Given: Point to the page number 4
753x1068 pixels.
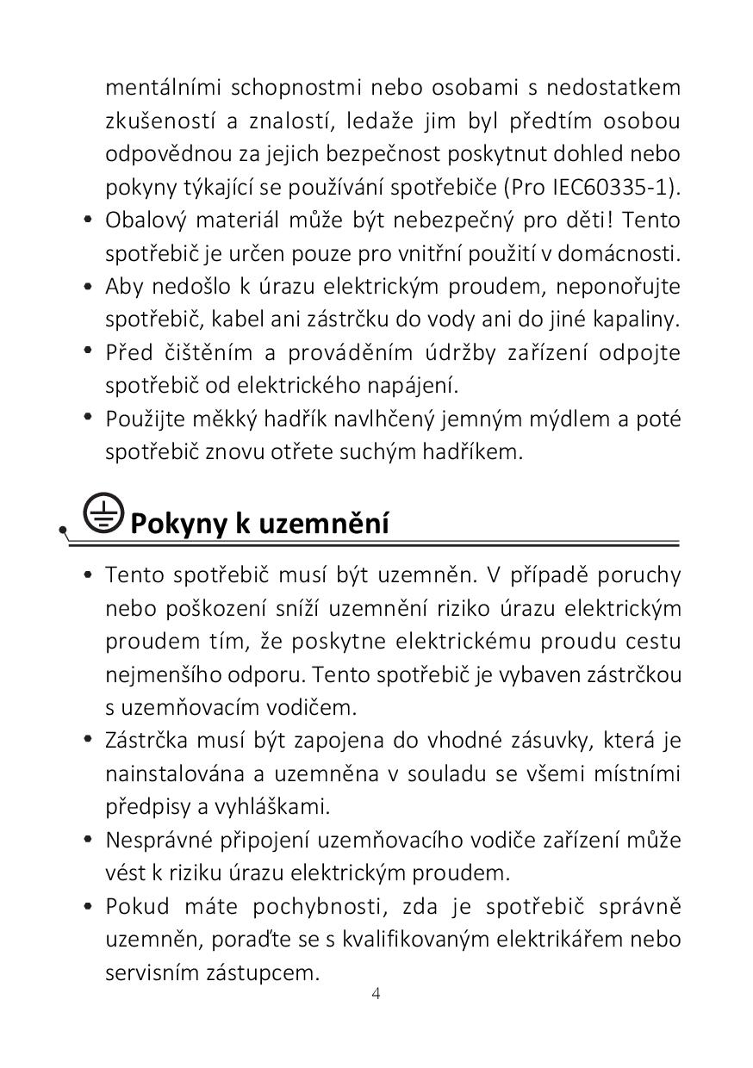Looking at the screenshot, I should [x=376, y=993].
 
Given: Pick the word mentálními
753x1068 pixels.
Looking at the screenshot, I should [x=162, y=88].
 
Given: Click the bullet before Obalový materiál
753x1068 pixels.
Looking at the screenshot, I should [x=88, y=220].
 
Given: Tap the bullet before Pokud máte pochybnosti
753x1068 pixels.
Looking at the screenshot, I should [x=88, y=906].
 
